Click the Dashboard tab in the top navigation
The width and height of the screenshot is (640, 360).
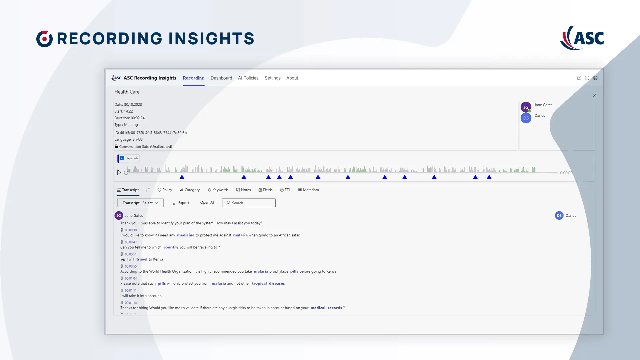[x=221, y=78]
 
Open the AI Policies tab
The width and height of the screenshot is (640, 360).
[x=248, y=78]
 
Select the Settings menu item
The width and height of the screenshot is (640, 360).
[x=272, y=78]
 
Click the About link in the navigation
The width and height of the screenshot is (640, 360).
[x=292, y=78]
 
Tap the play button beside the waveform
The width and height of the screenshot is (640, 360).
[x=119, y=172]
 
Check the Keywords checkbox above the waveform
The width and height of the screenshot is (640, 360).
[x=122, y=158]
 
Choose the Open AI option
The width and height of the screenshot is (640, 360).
[x=207, y=203]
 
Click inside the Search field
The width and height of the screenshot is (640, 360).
[x=249, y=203]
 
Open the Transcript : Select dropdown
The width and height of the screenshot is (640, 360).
[x=140, y=203]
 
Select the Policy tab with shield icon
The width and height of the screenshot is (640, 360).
[x=165, y=190]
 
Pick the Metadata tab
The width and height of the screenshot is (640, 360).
[x=308, y=190]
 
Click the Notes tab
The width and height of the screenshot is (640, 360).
[x=243, y=190]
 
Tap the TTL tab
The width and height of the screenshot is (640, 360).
[x=285, y=190]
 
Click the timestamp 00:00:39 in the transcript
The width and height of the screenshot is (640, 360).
[x=131, y=230]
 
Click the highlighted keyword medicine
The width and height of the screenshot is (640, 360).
[x=186, y=235]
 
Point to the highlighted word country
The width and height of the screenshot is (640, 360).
[x=171, y=247]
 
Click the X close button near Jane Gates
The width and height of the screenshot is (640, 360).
[x=595, y=95]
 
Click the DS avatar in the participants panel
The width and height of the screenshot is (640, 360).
[x=526, y=118]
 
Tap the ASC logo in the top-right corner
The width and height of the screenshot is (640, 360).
[x=582, y=38]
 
